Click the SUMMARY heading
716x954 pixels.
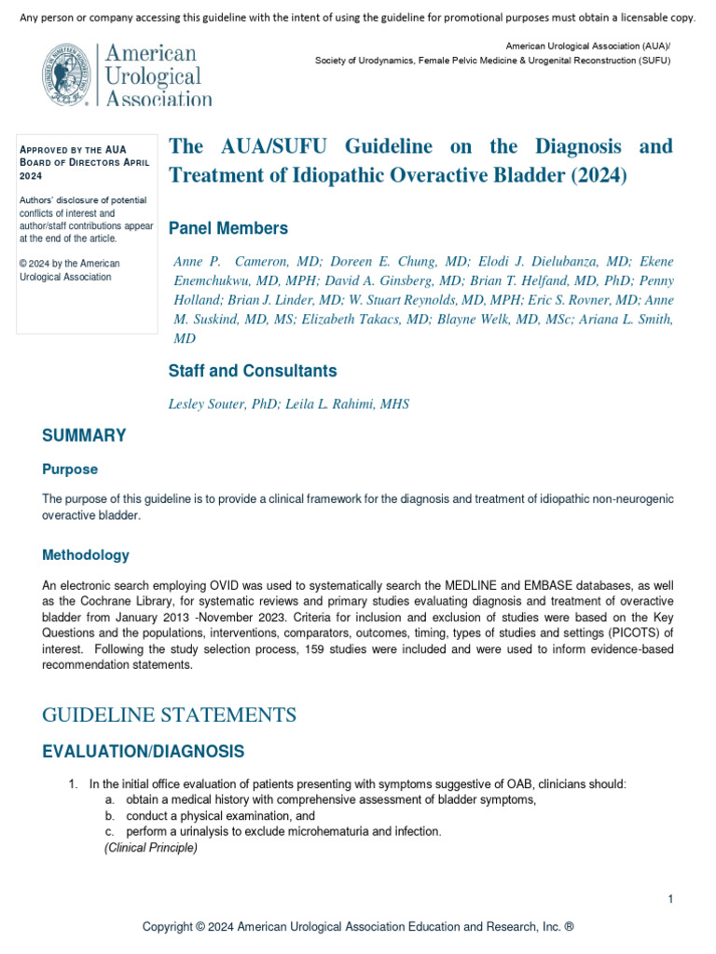tap(84, 436)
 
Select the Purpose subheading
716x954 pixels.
tap(70, 470)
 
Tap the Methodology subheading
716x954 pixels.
tap(86, 555)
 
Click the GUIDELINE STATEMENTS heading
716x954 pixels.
tap(170, 715)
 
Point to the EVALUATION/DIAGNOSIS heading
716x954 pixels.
tap(144, 751)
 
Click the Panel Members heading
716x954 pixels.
tap(227, 228)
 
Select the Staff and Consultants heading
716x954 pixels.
tap(252, 371)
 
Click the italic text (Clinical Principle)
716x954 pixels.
tap(151, 848)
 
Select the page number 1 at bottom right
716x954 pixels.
tap(670, 898)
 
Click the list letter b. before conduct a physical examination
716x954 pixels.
tap(110, 816)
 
